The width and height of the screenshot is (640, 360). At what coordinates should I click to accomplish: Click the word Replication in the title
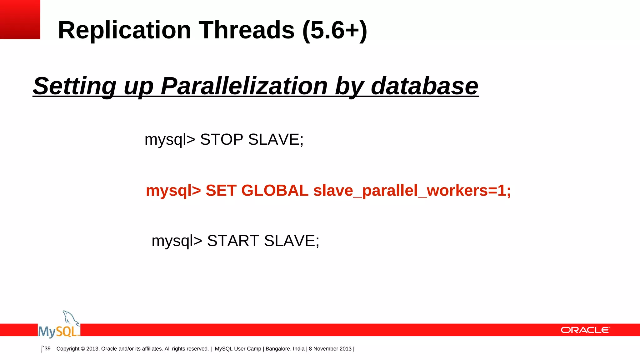point(124,30)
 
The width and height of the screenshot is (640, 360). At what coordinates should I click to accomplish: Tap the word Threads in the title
point(247,30)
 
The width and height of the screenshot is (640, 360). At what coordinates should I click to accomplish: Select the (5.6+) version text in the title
point(335,30)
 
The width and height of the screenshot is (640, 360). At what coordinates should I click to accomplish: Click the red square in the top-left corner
point(20,19)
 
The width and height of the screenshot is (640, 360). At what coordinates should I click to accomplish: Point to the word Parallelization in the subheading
point(244,86)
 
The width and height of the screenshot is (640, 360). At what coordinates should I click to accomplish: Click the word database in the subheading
point(424,86)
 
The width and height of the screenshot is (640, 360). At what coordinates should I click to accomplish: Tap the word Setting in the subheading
point(74,86)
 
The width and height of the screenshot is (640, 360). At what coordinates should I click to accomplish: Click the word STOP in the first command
point(222,139)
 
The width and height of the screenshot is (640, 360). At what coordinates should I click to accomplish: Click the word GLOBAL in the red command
point(275,191)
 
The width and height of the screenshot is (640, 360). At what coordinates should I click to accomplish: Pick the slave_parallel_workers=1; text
point(412,191)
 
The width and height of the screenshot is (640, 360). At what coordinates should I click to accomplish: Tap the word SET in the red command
point(221,191)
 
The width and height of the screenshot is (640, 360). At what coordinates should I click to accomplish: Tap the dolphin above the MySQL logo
point(70,318)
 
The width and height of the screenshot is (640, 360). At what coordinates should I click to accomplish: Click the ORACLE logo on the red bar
point(585,330)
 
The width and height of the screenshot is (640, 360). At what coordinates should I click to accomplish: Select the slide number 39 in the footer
point(47,348)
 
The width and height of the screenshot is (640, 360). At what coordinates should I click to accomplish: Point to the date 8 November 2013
point(330,349)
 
